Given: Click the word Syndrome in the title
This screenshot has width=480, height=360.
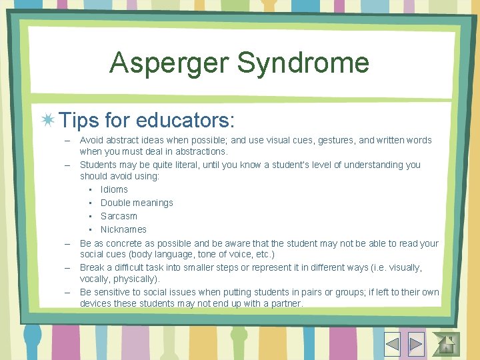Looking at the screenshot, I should (x=303, y=63).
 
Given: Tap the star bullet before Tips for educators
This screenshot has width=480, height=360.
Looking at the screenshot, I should (x=48, y=121).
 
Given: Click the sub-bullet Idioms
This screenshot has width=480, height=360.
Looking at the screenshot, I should (x=114, y=189).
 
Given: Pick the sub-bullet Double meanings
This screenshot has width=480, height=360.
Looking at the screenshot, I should (x=137, y=203).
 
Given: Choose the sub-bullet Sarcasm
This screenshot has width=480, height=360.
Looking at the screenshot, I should (x=119, y=216).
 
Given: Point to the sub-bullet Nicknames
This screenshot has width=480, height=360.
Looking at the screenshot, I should (x=123, y=229).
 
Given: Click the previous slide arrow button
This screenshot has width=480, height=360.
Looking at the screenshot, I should (x=391, y=343).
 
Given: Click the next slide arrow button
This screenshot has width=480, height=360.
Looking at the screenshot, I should (x=416, y=343).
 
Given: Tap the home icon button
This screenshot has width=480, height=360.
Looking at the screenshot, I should (x=446, y=343).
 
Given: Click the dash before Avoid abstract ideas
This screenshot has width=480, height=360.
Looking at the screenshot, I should (x=68, y=140).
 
